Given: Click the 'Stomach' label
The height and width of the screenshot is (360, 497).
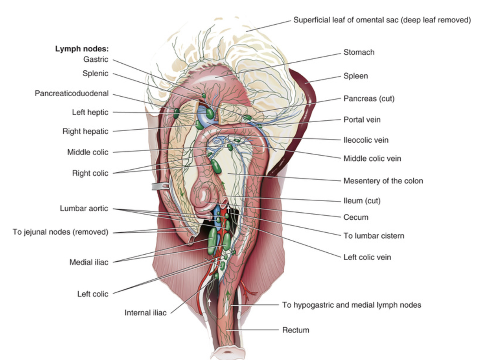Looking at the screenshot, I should pos(359,52).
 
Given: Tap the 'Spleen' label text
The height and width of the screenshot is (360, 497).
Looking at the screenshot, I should pos(355,76).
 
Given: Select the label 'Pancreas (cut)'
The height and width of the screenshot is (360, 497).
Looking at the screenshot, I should pos(369,99).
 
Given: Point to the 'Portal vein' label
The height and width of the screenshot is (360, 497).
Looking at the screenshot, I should pos(362,119).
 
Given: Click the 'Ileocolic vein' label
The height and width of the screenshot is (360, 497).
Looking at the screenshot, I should pos(366,140).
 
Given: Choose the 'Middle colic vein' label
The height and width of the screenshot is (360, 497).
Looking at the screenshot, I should pos(372,159).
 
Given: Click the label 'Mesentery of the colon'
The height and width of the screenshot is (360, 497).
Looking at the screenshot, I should pos(383,181).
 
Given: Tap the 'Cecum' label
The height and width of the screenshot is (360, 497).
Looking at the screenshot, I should pos(355,217).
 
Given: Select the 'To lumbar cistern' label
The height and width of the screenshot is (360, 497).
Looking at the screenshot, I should pos(374,236).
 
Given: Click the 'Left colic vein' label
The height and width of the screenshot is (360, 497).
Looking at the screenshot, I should pos(367,257).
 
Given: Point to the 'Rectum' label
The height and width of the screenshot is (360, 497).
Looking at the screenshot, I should pos(295,330).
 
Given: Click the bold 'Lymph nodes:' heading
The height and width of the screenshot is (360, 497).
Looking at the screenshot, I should pos(81,49).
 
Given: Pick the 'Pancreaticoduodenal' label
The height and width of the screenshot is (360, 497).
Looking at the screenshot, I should pos(71,94).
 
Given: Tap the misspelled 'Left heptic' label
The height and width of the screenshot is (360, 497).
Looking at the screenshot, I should pos(90,112).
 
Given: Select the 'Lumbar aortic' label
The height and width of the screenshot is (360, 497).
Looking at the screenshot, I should pos(84,209).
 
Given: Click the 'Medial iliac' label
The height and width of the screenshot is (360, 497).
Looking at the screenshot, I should pos(88,262).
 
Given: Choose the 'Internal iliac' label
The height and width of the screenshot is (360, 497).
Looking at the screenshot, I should pos(145,313).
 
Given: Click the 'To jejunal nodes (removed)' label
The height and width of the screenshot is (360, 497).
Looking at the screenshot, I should pos(60,232).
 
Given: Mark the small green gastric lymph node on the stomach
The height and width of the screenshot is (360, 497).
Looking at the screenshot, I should pos(204,96).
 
